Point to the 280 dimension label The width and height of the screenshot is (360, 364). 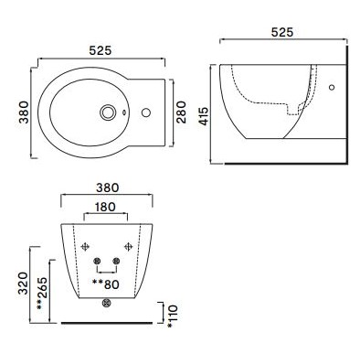click(x=183, y=112)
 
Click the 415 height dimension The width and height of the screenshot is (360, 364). click(x=204, y=114)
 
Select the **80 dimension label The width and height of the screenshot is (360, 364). click(x=107, y=284)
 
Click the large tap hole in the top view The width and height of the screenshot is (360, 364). click(x=111, y=113)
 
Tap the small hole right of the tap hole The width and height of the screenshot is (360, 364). click(x=143, y=113)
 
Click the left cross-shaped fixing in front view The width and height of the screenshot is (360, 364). click(x=86, y=246)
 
